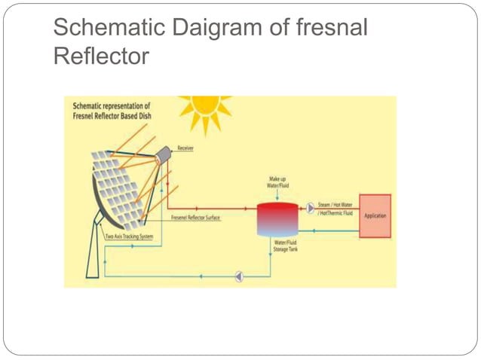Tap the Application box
375,216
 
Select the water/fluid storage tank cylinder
276,218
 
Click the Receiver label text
185,148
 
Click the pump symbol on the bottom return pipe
239,276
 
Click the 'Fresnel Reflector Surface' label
195,218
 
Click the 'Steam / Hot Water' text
335,205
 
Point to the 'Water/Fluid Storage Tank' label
286,246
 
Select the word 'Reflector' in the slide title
102,57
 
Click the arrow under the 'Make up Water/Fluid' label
277,194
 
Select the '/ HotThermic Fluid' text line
336,213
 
